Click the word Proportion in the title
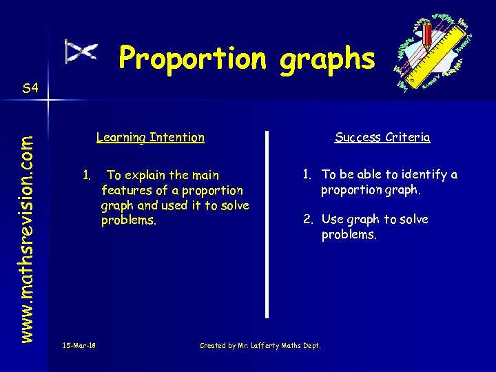pos(192,59)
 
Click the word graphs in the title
pos(327,60)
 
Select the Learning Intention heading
pos(150,137)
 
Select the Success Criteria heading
pos(382,137)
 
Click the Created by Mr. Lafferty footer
pos(260,345)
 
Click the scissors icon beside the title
pos(81,52)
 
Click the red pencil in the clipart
pos(428,38)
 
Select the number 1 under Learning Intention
pos(86,175)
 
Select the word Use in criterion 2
pos(333,220)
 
